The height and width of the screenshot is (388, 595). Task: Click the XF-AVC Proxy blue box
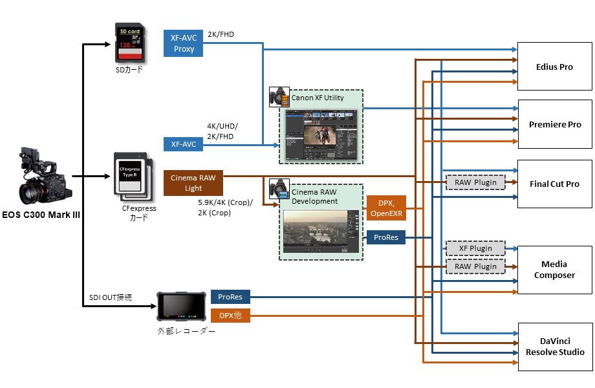(184, 43)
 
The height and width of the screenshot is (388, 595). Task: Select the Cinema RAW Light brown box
(193, 182)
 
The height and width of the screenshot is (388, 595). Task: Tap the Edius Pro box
(554, 67)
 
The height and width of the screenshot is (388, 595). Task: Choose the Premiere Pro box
(554, 124)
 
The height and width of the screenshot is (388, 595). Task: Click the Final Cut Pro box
(554, 184)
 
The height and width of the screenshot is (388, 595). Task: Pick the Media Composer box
(554, 270)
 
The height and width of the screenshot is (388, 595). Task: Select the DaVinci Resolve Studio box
(554, 347)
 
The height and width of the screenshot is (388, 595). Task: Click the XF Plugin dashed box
(475, 248)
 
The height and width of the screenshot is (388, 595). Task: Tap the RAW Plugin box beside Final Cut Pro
(475, 182)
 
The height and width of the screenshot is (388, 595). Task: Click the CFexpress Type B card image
(134, 178)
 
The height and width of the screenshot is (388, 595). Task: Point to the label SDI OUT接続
(111, 297)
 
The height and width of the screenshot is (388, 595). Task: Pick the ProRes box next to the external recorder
(230, 297)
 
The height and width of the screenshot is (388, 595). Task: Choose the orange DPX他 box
(230, 316)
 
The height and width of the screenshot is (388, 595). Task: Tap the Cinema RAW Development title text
(315, 197)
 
